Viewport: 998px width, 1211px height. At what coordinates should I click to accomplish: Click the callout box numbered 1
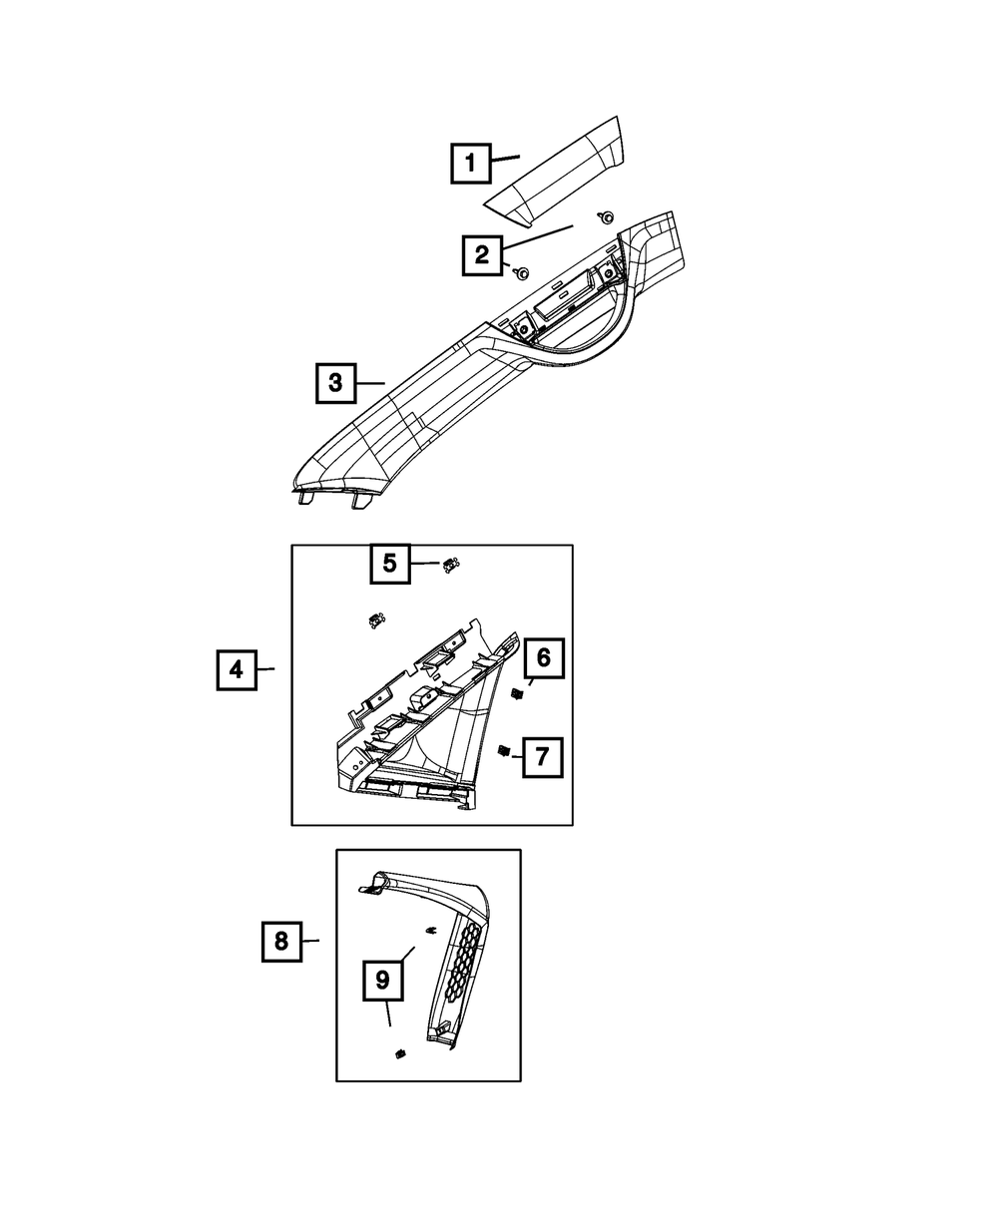[x=470, y=163]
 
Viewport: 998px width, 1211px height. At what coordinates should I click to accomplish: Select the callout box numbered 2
[x=482, y=254]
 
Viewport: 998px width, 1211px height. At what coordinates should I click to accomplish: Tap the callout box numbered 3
[x=335, y=382]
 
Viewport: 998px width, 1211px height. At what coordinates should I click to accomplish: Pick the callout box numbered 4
[x=237, y=670]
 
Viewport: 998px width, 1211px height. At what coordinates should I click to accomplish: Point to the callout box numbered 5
[x=390, y=564]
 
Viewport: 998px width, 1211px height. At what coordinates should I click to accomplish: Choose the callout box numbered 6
[x=543, y=657]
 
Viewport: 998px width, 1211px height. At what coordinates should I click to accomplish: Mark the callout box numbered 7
[x=541, y=757]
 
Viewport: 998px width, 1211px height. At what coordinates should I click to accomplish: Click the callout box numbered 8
[x=281, y=941]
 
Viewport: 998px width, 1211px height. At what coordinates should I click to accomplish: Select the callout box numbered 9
[x=382, y=981]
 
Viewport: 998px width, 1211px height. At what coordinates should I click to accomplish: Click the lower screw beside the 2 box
[x=522, y=271]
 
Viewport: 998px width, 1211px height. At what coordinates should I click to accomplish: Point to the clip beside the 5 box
[x=450, y=566]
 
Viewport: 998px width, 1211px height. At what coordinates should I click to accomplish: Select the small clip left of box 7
[x=504, y=751]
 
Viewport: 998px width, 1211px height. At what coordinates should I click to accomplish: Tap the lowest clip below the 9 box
[x=400, y=1055]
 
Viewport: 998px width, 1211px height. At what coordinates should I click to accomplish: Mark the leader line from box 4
[x=264, y=670]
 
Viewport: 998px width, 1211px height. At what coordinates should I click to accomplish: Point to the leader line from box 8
[x=310, y=941]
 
